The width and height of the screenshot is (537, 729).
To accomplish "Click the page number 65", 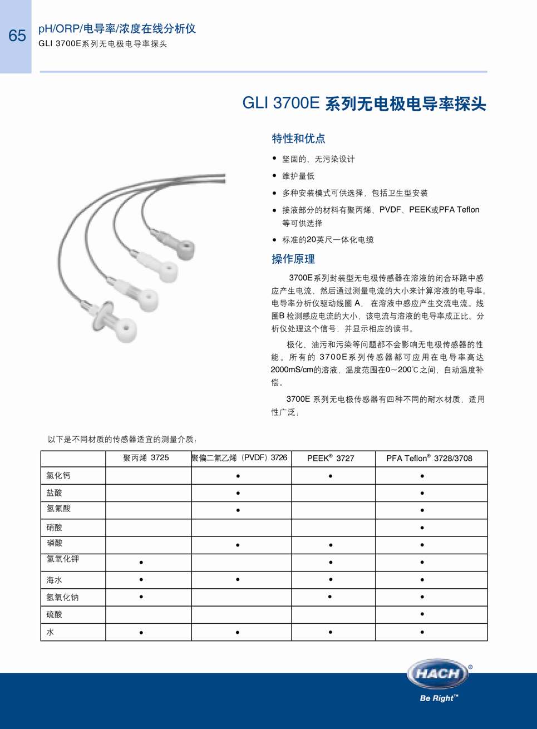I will [x=17, y=36].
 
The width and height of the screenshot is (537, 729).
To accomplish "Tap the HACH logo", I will [x=438, y=673].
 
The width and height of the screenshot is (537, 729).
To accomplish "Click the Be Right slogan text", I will [x=439, y=698].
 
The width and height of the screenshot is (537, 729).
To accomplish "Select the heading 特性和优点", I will [x=298, y=139].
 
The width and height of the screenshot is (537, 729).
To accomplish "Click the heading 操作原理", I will [x=293, y=259].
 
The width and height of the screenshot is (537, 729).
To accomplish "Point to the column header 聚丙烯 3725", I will [x=146, y=458].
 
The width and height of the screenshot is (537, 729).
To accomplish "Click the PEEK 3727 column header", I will [x=331, y=458].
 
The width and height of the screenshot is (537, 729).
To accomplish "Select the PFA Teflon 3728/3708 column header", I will [x=429, y=458].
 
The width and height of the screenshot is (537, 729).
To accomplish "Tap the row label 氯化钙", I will [x=58, y=476].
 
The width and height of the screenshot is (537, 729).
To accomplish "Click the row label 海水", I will [x=55, y=580].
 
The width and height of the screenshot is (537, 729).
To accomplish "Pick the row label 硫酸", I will [x=55, y=614].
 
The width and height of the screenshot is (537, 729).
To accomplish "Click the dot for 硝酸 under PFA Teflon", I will [x=422, y=528].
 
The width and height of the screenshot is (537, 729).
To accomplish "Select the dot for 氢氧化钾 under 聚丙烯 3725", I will [x=141, y=562].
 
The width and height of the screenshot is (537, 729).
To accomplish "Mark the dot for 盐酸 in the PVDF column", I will [x=238, y=493].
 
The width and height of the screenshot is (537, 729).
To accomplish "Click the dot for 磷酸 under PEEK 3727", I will [x=331, y=545].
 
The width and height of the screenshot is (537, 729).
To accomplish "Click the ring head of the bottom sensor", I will [x=126, y=329].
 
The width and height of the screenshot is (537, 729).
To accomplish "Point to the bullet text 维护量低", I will [x=298, y=176].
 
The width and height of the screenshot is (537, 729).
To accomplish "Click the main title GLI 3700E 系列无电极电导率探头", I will [x=364, y=104].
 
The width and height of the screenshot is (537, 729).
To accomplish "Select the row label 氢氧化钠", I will [x=62, y=597].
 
